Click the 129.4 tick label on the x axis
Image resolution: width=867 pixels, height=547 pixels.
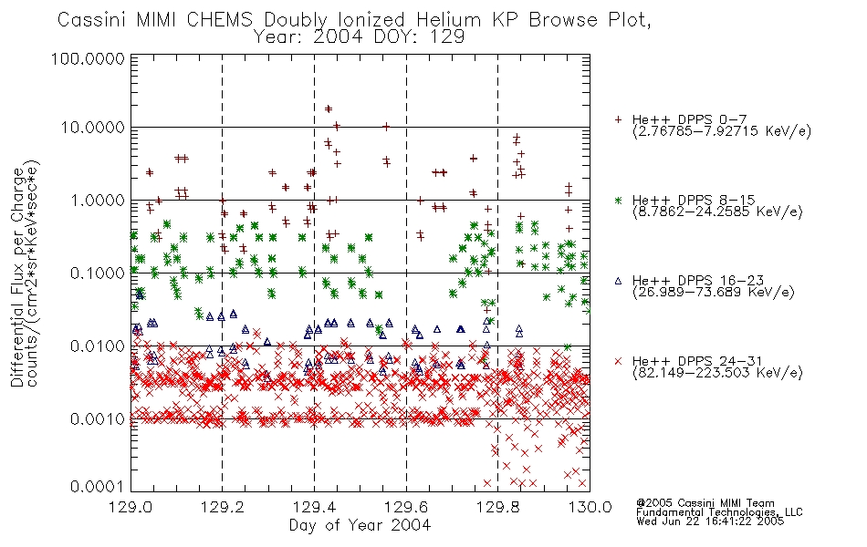pyautogui.click(x=314, y=507)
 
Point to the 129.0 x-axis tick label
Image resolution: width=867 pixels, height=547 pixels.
pyautogui.click(x=131, y=507)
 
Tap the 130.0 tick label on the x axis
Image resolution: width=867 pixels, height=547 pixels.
pyautogui.click(x=590, y=507)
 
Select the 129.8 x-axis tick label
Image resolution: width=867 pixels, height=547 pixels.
pyautogui.click(x=497, y=507)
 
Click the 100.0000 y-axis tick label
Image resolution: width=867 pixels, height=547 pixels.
pyautogui.click(x=88, y=58)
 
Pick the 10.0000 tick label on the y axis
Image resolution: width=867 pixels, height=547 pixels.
pyautogui.click(x=92, y=128)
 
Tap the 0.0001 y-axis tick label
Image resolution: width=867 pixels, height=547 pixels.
pyautogui.click(x=98, y=486)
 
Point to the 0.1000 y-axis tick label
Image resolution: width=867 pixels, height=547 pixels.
pyautogui.click(x=98, y=273)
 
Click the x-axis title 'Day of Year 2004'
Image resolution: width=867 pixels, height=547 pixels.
pyautogui.click(x=360, y=525)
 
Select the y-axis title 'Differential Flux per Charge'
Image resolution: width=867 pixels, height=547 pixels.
pyautogui.click(x=17, y=277)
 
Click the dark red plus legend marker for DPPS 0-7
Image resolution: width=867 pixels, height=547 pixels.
pyautogui.click(x=618, y=119)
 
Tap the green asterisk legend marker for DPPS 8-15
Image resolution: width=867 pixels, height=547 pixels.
pyautogui.click(x=618, y=200)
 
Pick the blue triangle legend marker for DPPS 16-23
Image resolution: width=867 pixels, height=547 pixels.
pyautogui.click(x=618, y=281)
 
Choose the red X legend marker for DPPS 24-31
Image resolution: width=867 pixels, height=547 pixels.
pyautogui.click(x=618, y=361)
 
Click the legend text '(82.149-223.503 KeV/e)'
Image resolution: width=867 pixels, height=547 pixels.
pyautogui.click(x=717, y=373)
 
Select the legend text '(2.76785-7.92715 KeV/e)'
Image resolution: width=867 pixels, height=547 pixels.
pyautogui.click(x=722, y=131)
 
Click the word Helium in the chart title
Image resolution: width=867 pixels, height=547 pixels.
pyautogui.click(x=448, y=20)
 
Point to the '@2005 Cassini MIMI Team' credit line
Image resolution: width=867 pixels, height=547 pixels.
pyautogui.click(x=705, y=503)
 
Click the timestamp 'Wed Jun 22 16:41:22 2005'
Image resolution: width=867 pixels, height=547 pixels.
pyautogui.click(x=710, y=521)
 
